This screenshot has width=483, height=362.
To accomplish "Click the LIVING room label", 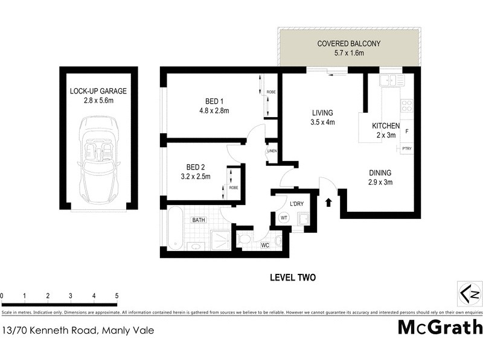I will pos(322,113).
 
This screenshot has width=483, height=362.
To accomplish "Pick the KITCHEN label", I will pos(386,125).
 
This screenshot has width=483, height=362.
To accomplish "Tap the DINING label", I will pos(380,172).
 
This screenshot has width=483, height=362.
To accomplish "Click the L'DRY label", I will pos(296,204).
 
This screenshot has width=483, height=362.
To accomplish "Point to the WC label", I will pos(264,246).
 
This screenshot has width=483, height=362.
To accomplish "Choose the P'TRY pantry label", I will pos(407,148).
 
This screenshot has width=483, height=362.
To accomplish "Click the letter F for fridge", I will pos(407,131).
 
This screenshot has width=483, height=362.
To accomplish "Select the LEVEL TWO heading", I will pos(292,278).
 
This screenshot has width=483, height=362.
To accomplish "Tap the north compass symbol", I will pos(469,294).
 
